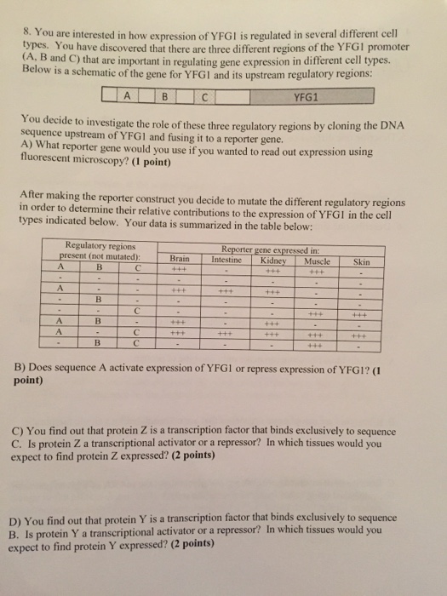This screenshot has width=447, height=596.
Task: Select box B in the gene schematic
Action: click(x=168, y=96)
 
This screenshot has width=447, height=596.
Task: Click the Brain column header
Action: click(x=180, y=256)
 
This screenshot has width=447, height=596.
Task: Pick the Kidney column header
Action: click(x=274, y=257)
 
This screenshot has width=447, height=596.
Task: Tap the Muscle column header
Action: click(x=316, y=258)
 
